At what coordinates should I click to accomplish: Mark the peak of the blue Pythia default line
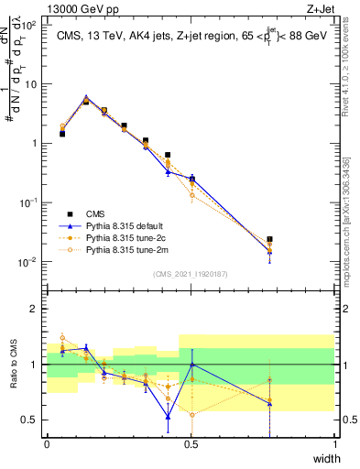pyautogui.click(x=86, y=96)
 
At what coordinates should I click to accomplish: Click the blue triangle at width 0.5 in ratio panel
pyautogui.click(x=191, y=365)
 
